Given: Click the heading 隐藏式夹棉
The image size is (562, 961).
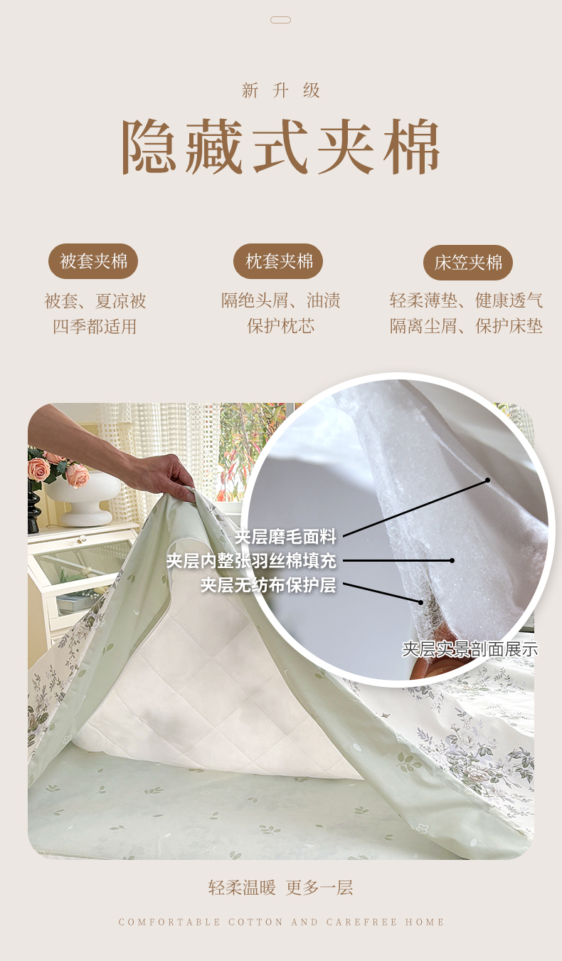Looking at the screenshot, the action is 281,147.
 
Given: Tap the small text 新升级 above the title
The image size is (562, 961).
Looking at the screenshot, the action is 281,91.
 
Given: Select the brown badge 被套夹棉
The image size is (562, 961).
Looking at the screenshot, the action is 93,261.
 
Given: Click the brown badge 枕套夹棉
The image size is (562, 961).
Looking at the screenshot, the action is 278,261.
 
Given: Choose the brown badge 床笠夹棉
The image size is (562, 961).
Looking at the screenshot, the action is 468,263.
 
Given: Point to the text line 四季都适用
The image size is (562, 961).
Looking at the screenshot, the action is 95,327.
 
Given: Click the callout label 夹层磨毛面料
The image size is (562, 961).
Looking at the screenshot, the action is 285,536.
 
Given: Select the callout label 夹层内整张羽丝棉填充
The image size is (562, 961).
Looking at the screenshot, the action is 252,561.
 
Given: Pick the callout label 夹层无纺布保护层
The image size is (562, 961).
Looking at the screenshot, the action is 268,584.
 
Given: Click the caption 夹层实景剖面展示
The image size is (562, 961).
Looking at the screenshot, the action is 470,649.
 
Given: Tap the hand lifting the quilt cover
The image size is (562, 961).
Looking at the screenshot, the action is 167,476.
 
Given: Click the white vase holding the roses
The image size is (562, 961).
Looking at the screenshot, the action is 84,500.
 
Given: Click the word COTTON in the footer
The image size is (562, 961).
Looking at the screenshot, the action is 255,922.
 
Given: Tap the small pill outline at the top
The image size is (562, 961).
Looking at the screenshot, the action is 281,20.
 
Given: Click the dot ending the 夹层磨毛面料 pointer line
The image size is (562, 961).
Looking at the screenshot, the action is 487,480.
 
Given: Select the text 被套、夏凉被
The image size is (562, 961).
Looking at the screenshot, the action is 95,300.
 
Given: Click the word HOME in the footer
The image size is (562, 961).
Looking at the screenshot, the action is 425,922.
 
